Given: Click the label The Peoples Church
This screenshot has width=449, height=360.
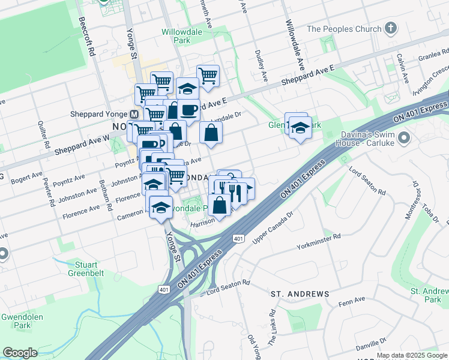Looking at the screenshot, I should (x=343, y=29).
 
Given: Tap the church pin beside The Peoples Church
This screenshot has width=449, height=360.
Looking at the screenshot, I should (x=391, y=28).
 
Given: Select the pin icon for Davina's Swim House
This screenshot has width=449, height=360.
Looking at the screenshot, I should (x=403, y=139).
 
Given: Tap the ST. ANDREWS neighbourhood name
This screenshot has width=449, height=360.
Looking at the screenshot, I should (x=300, y=294).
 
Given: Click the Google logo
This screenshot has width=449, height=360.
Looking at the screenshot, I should (x=20, y=353).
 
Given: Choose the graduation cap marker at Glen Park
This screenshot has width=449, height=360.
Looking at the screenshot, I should (x=300, y=128).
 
